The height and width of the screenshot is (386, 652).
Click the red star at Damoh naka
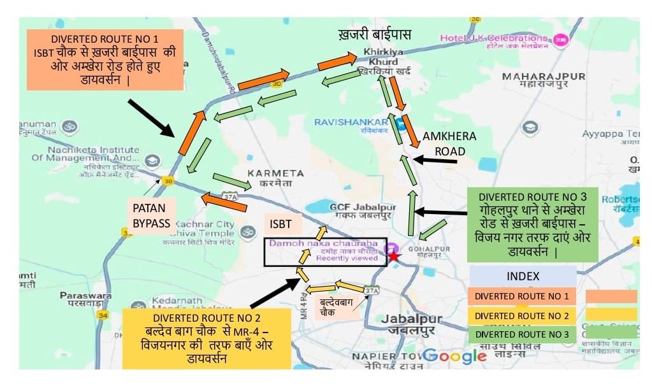pyautogui.click(x=395, y=255)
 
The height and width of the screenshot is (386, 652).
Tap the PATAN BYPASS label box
pyautogui.click(x=151, y=215)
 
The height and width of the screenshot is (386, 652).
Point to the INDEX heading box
pyautogui.click(x=523, y=276)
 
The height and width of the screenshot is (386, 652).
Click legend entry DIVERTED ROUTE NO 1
pyautogui.click(x=521, y=296)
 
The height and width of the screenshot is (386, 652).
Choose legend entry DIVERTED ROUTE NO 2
pyautogui.click(x=521, y=315)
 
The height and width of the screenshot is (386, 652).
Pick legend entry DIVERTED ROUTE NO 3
pyautogui.click(x=521, y=333)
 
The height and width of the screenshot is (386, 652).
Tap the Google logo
pyautogui.click(x=454, y=355)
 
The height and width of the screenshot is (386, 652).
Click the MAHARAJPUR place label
pyautogui.click(x=544, y=80)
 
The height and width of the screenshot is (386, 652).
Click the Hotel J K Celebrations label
pyautogui.click(x=495, y=41)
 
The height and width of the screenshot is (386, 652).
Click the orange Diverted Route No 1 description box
pyautogui.click(x=105, y=59)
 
